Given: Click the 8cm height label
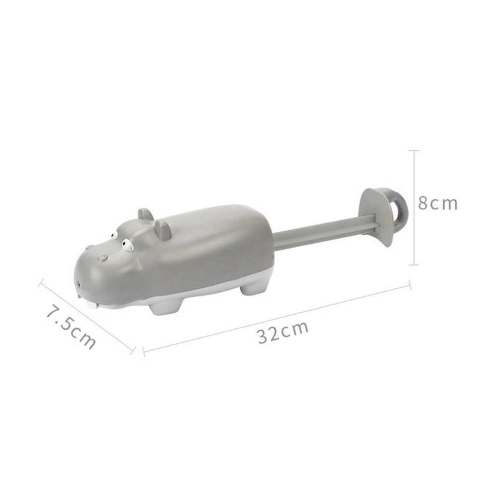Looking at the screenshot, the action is pyautogui.click(x=437, y=203).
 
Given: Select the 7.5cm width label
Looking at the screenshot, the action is pyautogui.click(x=70, y=327).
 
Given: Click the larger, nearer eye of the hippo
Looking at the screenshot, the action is pyautogui.click(x=127, y=245).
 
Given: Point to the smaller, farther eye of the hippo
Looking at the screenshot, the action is pyautogui.click(x=114, y=235).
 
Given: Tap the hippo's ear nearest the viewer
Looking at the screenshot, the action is pyautogui.click(x=163, y=229).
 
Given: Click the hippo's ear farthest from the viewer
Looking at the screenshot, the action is pyautogui.click(x=145, y=214).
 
